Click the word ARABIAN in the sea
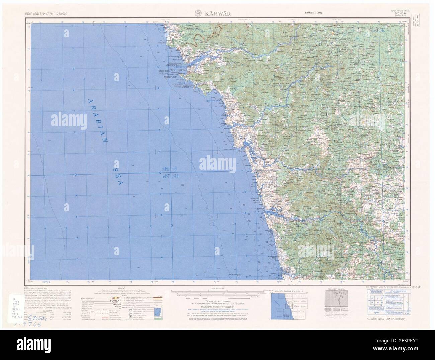97,120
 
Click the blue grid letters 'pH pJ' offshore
170,169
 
